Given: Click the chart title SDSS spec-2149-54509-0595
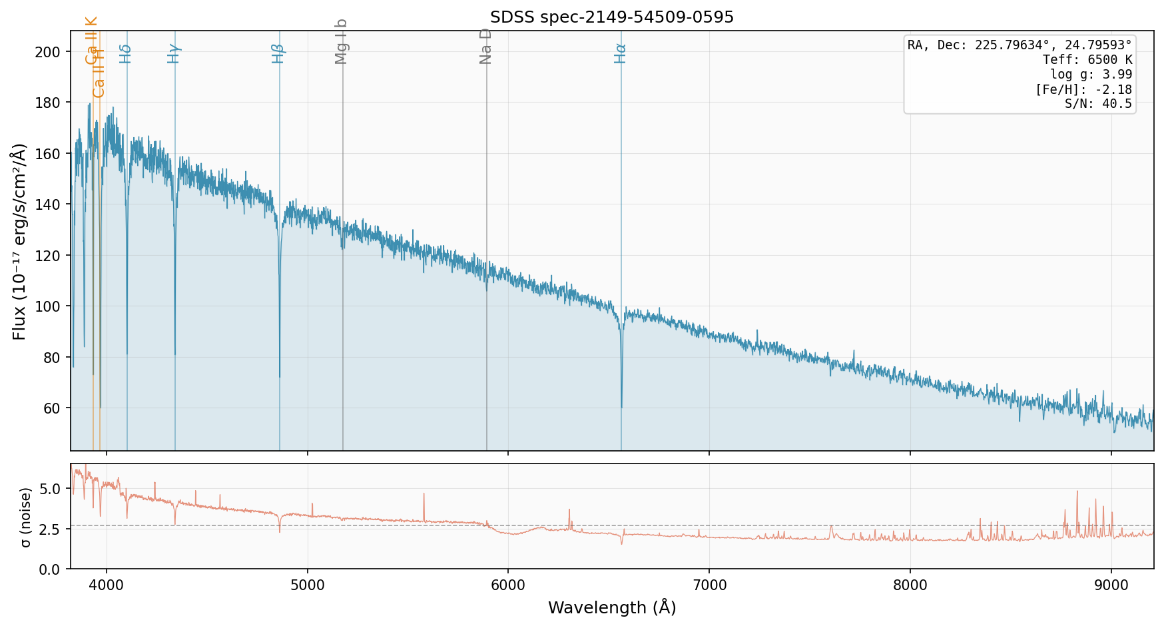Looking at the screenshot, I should click(x=611, y=17).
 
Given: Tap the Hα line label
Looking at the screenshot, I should click(x=621, y=53).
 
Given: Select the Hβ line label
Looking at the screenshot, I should click(x=278, y=53).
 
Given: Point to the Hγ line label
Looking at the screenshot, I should click(x=174, y=53).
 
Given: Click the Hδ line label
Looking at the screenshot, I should click(x=126, y=53).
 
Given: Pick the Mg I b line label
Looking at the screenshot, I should click(x=342, y=41).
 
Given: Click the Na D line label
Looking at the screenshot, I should click(x=485, y=46).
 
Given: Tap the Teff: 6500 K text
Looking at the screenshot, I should click(x=1087, y=60).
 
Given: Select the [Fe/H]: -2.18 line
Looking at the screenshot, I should click(x=1083, y=89).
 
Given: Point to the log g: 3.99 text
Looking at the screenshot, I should click(x=1091, y=75).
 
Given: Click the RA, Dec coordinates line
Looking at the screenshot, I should click(x=1019, y=45).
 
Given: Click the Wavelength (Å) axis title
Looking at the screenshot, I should click(x=611, y=607).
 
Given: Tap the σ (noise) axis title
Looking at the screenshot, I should click(x=25, y=517).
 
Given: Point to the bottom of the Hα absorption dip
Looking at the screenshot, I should click(x=621, y=406).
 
